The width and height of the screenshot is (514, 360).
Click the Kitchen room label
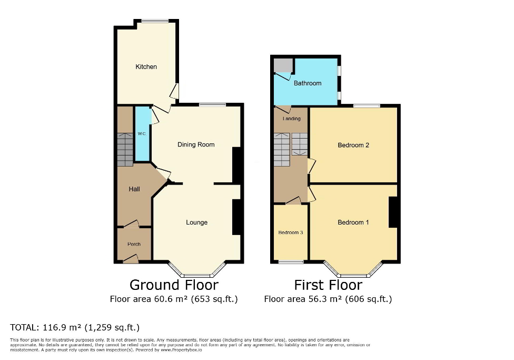[146, 67]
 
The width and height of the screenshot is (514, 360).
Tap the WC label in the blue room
[142, 134]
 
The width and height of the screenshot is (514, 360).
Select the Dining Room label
[196, 144]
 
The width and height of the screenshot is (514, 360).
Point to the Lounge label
[196, 222]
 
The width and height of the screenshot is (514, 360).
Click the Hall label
[134, 189]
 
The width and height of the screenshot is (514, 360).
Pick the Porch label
[134, 244]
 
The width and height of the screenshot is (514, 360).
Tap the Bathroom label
[308, 83]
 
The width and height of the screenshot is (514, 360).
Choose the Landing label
[291, 119]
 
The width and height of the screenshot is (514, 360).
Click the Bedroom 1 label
[353, 222]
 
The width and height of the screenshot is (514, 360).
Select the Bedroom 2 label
[353, 145]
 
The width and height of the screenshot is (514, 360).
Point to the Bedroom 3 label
[291, 232]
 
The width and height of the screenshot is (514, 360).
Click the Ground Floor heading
[174, 285]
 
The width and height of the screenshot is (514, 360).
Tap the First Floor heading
[328, 285]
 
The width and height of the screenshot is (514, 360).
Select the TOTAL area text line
[75, 327]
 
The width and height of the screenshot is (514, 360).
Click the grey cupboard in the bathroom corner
[283, 66]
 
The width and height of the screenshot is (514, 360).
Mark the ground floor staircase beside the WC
[125, 149]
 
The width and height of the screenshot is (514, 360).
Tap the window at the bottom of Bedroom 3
[291, 261]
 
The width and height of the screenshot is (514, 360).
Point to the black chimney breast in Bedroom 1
[393, 212]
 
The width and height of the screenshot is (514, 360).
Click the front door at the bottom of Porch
[131, 259]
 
